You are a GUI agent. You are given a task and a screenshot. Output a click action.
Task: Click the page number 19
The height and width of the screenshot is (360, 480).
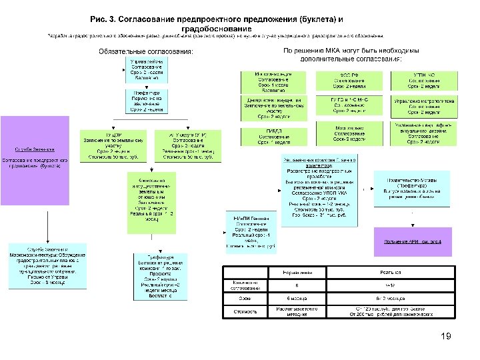(x=447, y=338)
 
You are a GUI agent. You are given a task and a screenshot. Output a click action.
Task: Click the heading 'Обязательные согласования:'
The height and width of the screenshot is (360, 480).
(x=145, y=51)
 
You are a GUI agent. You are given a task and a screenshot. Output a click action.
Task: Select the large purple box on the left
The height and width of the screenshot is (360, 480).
(x=35, y=161)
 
